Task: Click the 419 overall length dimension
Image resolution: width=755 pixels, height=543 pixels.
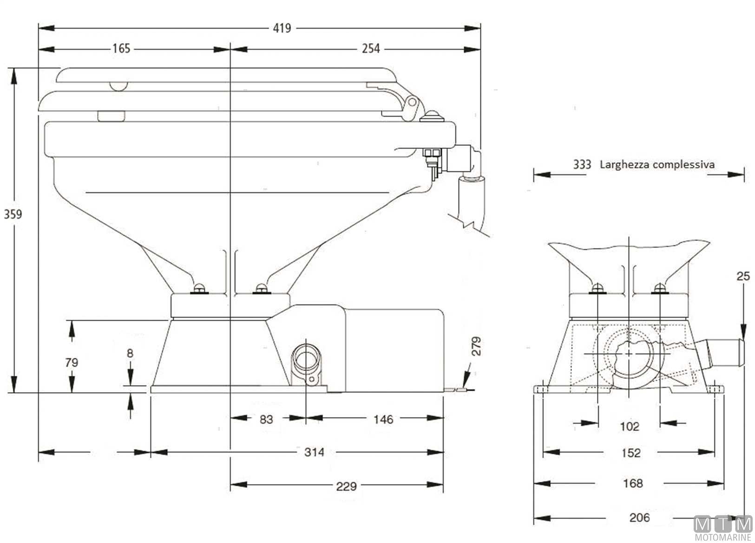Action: pos(282,28)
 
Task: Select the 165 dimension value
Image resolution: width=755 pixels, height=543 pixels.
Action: pos(121,48)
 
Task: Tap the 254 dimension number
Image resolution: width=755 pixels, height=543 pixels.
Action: pos(371,48)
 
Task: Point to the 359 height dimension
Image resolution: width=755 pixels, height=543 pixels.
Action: pos(13,214)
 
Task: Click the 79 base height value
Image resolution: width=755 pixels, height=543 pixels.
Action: pos(72,362)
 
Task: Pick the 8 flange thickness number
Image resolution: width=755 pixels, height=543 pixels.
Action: pos(130,353)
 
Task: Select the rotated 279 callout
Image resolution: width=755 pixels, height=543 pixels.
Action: pos(477,346)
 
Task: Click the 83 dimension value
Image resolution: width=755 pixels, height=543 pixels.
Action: pos(266,420)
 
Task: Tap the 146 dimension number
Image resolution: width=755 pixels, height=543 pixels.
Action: pos(383,420)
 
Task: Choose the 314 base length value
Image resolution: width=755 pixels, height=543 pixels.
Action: pos(314,452)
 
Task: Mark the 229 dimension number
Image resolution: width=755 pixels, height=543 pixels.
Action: pos(346,486)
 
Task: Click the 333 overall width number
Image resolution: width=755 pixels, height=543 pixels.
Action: pos(582,164)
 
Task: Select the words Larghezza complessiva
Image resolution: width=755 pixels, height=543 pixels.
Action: pos(657,164)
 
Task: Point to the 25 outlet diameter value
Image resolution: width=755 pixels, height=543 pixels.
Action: pos(743,277)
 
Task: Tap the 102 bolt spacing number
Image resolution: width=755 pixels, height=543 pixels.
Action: pos(630,426)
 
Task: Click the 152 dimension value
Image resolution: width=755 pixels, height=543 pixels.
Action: pos(631,452)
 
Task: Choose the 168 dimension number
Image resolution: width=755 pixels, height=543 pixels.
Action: pos(633,484)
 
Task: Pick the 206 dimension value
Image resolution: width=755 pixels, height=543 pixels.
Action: pos(639,517)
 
